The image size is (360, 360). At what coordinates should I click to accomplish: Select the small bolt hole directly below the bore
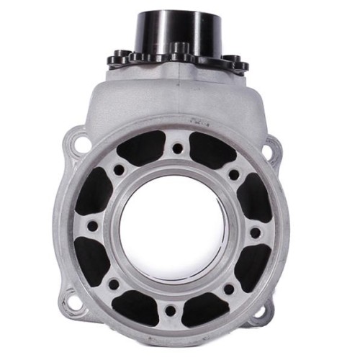(x=171, y=315)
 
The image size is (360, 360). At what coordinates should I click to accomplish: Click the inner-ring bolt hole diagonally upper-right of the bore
(x=234, y=174)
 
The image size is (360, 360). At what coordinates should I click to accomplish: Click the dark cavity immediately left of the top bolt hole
(x=141, y=148)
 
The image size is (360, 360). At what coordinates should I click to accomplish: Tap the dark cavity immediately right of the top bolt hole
(x=212, y=150)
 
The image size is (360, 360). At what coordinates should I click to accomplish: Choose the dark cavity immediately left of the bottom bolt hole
(x=135, y=308)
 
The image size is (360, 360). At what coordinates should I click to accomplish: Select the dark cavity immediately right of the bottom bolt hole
(x=206, y=310)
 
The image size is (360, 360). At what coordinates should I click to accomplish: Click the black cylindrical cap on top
(x=173, y=29)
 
